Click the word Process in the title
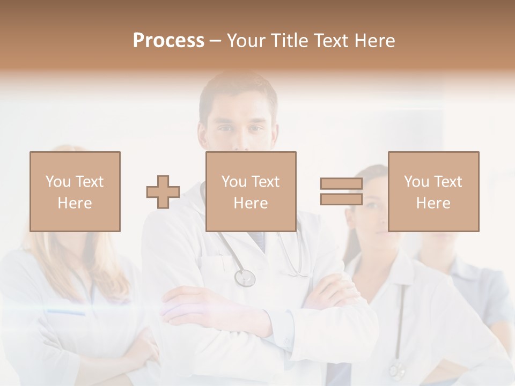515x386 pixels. tap(168, 41)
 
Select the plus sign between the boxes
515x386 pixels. tap(163, 192)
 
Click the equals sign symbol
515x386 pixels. tap(341, 191)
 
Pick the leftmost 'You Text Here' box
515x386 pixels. tap(75, 191)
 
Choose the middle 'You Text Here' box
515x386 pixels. tap(251, 191)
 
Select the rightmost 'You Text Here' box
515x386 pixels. tap(433, 191)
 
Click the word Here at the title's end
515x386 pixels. tap(374, 41)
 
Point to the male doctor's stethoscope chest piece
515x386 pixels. tap(245, 278)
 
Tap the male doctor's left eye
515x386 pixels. tap(256, 129)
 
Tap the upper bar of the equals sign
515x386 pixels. tap(341, 184)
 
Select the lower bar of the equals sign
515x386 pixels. tap(341, 199)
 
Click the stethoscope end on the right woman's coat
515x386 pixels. tap(397, 369)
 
